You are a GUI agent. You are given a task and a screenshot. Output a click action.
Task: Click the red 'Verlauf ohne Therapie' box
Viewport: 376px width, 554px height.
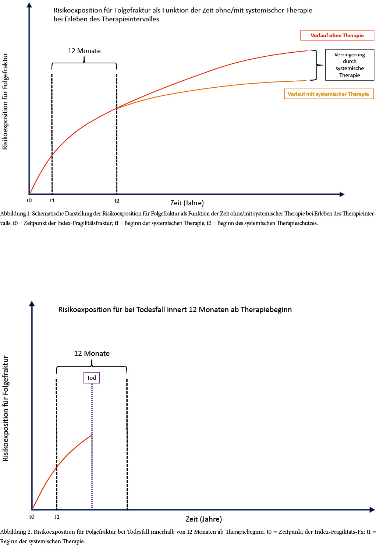pyautogui.click(x=337, y=35)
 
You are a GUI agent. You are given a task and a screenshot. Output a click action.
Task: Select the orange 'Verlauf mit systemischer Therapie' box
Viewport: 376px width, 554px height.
pyautogui.click(x=329, y=94)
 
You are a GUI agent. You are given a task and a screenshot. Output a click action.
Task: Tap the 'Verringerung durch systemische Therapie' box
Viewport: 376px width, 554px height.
pyautogui.click(x=350, y=65)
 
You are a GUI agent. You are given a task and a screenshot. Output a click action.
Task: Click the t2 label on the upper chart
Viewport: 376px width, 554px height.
pyautogui.click(x=117, y=201)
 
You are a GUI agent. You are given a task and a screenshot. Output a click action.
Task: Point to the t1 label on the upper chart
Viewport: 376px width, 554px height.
pyautogui.click(x=52, y=200)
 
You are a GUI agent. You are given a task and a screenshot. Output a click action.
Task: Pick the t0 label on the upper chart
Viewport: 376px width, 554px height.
pyautogui.click(x=29, y=200)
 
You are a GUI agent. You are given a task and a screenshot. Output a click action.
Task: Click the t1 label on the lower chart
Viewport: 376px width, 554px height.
pyautogui.click(x=57, y=517)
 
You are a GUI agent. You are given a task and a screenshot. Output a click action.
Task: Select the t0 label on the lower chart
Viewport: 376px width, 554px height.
pyautogui.click(x=32, y=517)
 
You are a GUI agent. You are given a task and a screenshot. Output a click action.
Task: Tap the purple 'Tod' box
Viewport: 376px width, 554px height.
pyautogui.click(x=92, y=378)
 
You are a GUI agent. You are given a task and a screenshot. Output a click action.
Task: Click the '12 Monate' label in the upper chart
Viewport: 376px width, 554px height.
pyautogui.click(x=84, y=51)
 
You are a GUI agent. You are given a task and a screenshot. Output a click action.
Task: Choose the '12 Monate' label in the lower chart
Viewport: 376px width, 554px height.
pyautogui.click(x=92, y=353)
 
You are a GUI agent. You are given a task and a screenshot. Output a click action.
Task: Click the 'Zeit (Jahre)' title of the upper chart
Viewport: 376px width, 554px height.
pyautogui.click(x=187, y=203)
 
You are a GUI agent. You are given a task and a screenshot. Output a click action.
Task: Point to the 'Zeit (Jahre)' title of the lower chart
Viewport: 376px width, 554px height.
pyautogui.click(x=203, y=519)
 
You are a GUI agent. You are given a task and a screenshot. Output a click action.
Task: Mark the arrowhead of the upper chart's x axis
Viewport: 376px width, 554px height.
pyautogui.click(x=342, y=194)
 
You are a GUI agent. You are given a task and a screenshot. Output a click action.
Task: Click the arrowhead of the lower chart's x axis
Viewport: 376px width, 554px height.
pyautogui.click(x=372, y=510)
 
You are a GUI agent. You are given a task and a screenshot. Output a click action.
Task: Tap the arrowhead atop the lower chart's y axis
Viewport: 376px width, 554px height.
pyautogui.click(x=32, y=303)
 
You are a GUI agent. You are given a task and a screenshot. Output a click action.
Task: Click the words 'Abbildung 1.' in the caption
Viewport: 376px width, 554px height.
pyautogui.click(x=15, y=214)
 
